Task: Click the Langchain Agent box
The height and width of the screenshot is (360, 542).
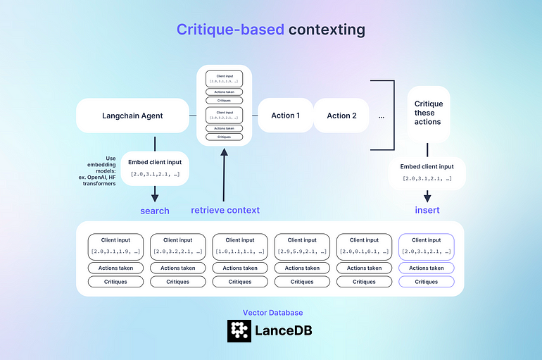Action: (132, 116)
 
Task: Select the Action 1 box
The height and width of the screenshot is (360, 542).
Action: (285, 116)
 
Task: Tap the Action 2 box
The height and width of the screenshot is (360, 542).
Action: (341, 116)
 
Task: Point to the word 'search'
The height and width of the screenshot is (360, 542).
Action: (155, 211)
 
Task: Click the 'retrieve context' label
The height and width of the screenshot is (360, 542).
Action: (225, 210)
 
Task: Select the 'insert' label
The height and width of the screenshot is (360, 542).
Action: (427, 210)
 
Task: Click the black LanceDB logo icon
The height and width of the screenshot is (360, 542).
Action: (239, 330)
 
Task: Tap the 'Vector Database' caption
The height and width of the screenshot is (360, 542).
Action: (272, 312)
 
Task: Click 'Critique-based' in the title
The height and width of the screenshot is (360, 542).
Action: (229, 30)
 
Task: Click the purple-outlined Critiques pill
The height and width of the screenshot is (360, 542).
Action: (426, 282)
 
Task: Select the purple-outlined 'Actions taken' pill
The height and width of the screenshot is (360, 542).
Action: (426, 268)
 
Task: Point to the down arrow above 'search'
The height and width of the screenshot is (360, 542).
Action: (154, 194)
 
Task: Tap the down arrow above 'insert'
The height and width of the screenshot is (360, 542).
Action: (427, 196)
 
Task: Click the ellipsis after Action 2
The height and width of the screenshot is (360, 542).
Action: (382, 116)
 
